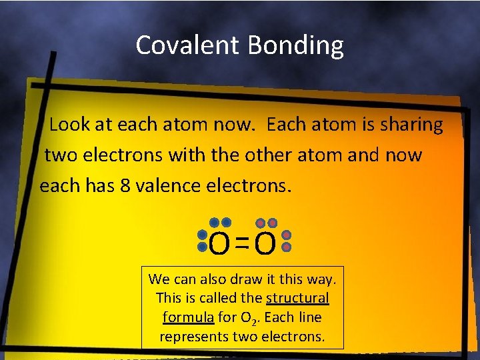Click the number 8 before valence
[x=125, y=186]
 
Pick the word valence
[x=171, y=186]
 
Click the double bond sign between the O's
[x=242, y=246]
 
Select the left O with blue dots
[x=220, y=245]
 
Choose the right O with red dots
[x=265, y=245]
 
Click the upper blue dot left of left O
[x=203, y=236]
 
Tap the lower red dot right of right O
[x=287, y=247]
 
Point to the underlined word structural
[x=297, y=298]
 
